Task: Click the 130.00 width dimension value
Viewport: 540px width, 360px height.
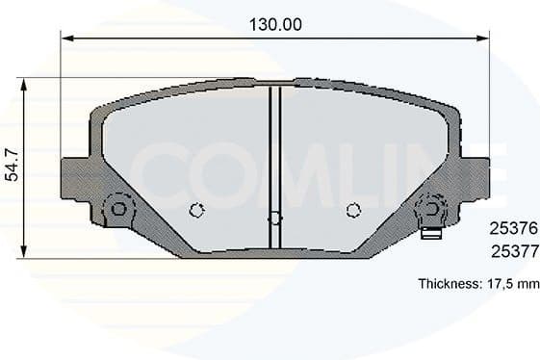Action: tap(273, 25)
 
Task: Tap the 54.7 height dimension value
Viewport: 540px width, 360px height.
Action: tap(12, 165)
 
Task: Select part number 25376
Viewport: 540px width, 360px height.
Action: tap(514, 229)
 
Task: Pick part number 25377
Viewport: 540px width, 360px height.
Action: tap(514, 251)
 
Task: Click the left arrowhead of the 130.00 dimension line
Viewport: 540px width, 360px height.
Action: tap(66, 39)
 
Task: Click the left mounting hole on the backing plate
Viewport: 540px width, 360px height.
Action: tap(119, 208)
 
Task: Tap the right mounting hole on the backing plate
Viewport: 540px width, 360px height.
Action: tap(430, 208)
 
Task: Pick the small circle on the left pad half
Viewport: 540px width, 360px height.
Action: tap(196, 211)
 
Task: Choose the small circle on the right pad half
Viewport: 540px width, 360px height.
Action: tap(353, 210)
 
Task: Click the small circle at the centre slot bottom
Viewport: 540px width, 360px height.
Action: tap(274, 219)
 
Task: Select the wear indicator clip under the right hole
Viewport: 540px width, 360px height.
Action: tap(431, 231)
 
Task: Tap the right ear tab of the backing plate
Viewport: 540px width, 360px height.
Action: tap(476, 179)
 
